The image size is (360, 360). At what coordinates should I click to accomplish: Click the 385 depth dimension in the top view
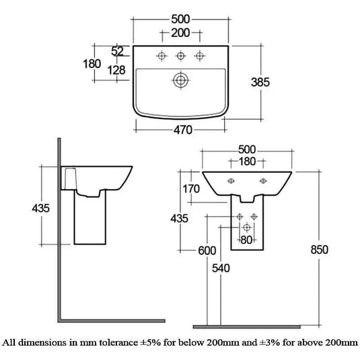pos(260,82)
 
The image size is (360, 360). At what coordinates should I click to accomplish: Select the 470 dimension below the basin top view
pos(183,130)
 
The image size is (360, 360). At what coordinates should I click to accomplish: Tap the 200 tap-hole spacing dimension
pos(180,33)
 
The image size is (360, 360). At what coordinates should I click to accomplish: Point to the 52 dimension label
pos(117,51)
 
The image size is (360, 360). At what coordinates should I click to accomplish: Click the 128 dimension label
pos(116,70)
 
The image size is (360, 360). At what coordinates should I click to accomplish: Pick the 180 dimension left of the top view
pos(92,64)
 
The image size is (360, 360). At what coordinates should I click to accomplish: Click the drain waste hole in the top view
pos(181,80)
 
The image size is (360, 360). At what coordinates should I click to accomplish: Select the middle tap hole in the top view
pos(181,56)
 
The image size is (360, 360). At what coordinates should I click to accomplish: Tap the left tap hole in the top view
pos(161,56)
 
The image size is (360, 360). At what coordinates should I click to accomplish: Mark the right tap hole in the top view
pos(200,56)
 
